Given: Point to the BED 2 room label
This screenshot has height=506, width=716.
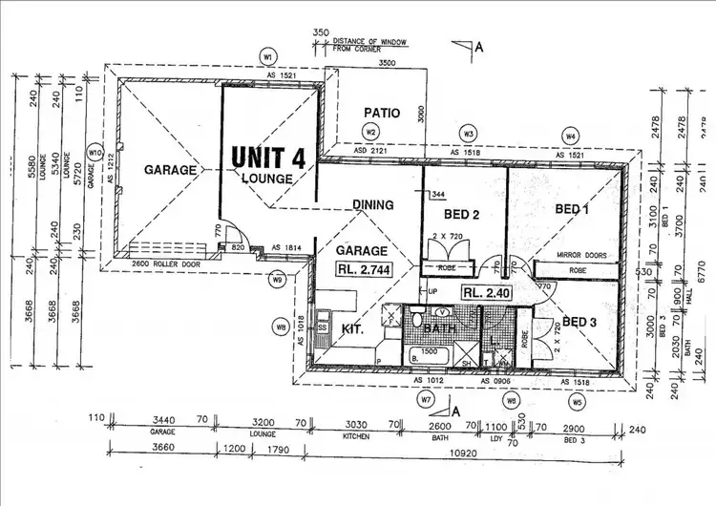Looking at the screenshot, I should point(460,215).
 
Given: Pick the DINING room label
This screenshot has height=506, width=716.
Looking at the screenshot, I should point(373,203).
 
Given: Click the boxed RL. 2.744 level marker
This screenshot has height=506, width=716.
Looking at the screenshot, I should point(362,270).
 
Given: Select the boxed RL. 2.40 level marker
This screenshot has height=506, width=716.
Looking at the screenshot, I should point(486,292).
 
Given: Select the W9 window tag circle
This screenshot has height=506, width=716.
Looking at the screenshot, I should point(278,280).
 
